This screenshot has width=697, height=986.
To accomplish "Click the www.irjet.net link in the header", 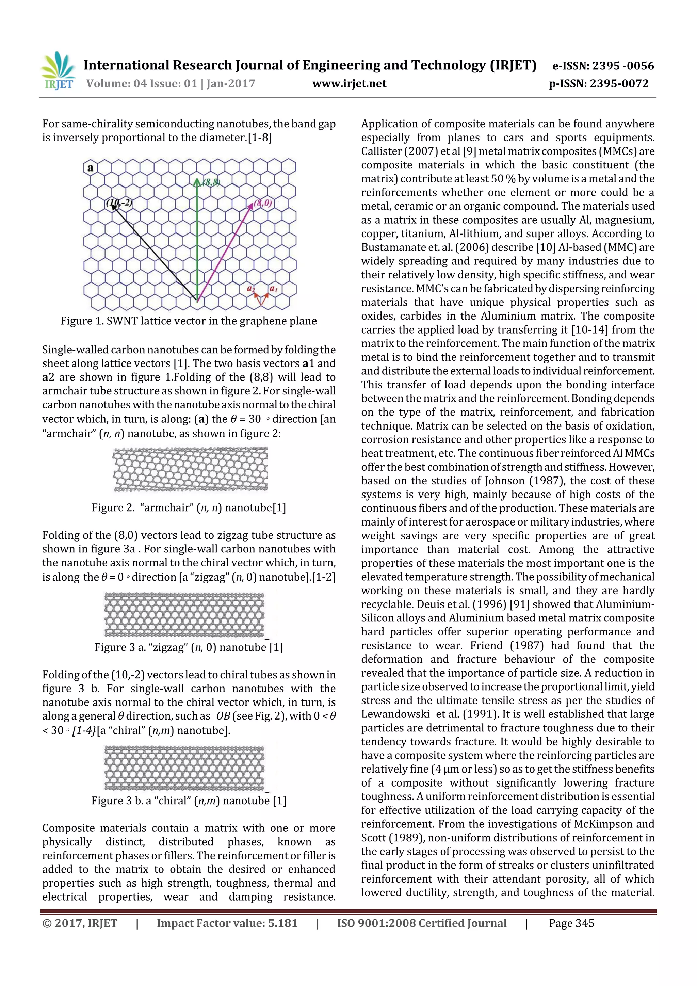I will click(349, 84).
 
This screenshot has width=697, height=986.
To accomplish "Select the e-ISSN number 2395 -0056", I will click(623, 66).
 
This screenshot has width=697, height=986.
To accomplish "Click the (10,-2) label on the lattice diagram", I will click(119, 202).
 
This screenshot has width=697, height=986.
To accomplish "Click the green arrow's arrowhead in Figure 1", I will click(197, 182).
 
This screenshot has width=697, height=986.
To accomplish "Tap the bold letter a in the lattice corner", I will click(90, 168).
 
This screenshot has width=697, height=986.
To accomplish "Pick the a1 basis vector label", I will click(274, 288).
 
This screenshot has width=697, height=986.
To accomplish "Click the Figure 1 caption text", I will click(189, 321).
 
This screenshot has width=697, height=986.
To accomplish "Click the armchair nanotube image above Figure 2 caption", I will click(190, 469).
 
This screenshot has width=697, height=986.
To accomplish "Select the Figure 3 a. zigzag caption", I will click(189, 647).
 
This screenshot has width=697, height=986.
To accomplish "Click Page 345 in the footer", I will click(571, 923).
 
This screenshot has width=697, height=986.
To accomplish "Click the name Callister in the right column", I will click(378, 151).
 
